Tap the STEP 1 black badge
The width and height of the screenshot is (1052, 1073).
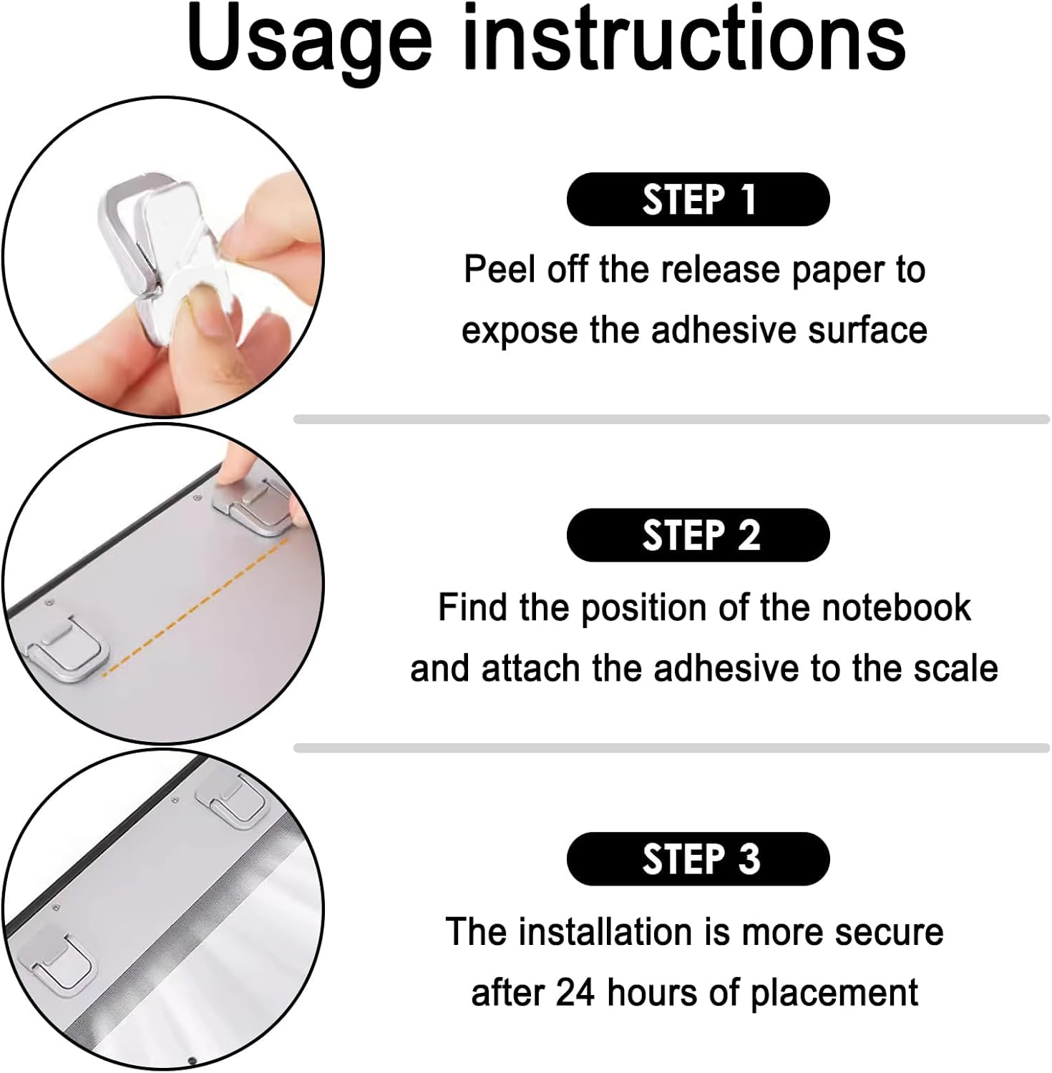tap(698, 199)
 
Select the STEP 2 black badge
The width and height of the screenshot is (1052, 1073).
tap(698, 535)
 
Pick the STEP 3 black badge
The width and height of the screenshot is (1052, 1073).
tap(698, 858)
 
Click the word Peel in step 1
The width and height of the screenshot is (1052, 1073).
tap(501, 270)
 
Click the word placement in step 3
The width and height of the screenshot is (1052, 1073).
tap(834, 994)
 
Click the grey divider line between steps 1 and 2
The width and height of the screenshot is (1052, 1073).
tap(671, 419)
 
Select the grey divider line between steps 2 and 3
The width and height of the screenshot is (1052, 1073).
tap(671, 748)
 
